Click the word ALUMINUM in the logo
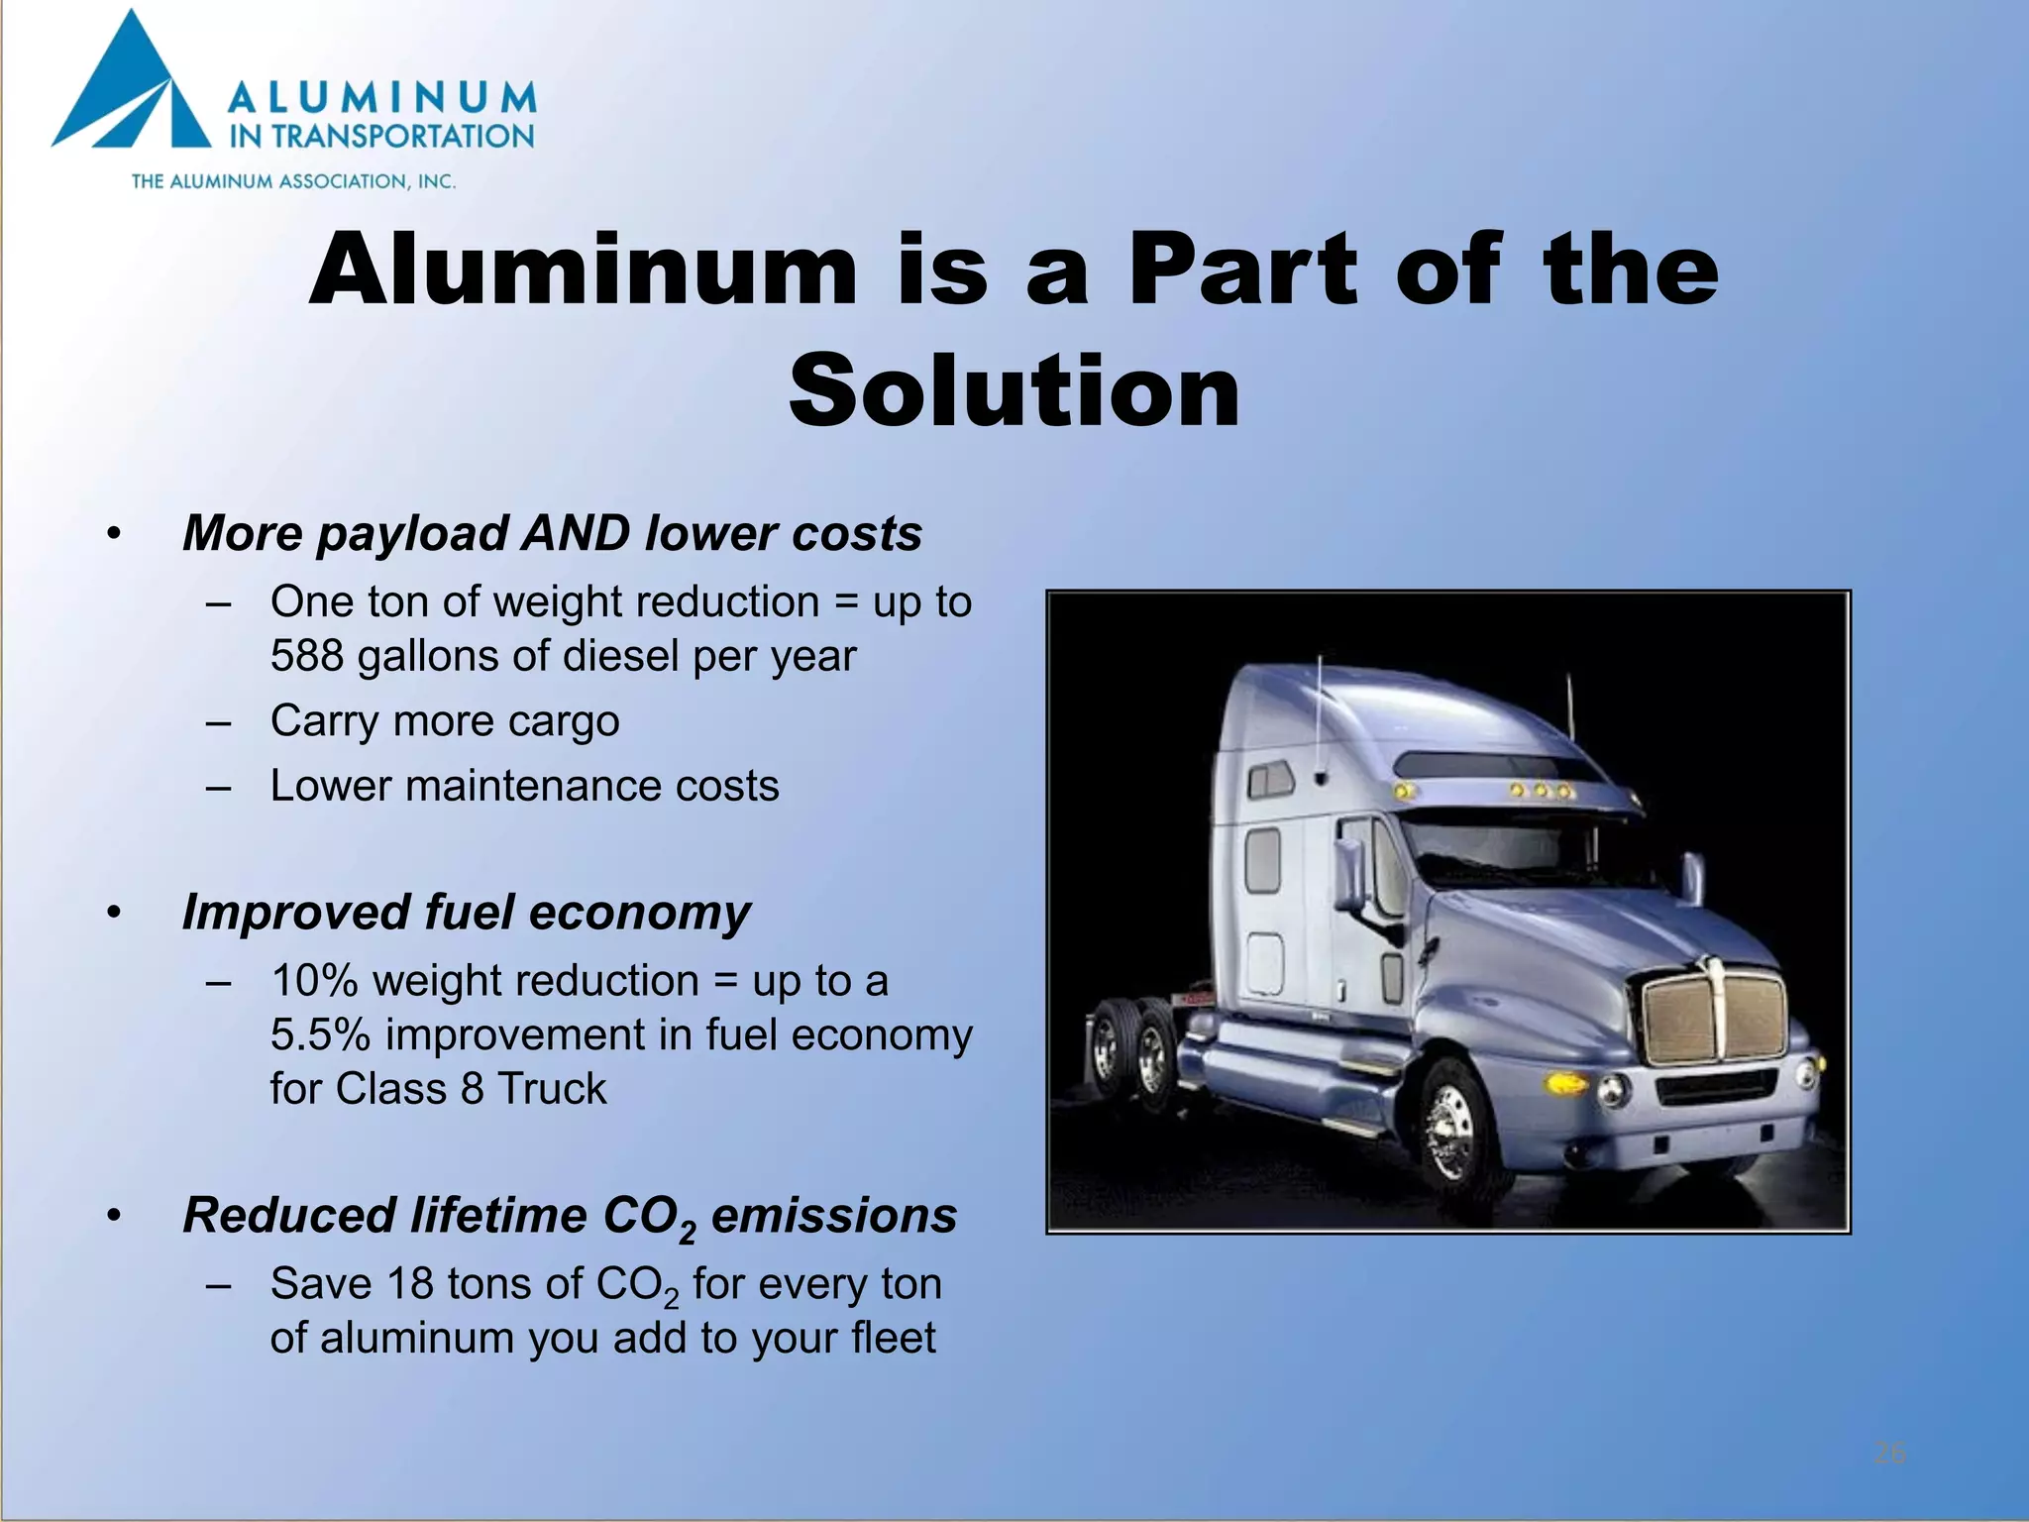[381, 99]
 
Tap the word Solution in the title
[1014, 391]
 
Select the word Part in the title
[1242, 270]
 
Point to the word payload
[414, 533]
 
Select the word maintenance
[533, 786]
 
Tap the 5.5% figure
[320, 1034]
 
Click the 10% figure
[314, 980]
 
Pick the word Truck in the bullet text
[551, 1088]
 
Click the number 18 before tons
[410, 1283]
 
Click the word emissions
[833, 1216]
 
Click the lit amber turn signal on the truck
[1565, 1082]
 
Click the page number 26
[1889, 1454]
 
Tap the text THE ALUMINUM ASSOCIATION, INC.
[293, 181]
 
